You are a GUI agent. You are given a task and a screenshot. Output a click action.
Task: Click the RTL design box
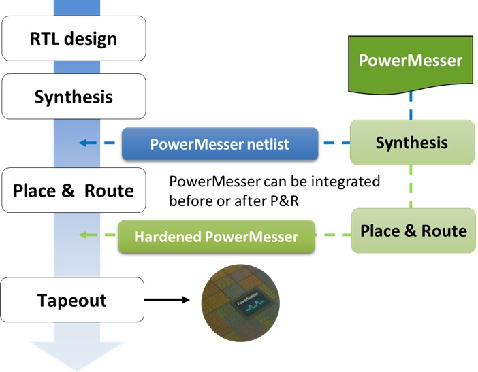click(74, 39)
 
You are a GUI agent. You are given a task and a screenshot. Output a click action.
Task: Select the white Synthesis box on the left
click(74, 97)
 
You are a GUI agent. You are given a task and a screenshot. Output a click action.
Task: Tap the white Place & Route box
click(74, 190)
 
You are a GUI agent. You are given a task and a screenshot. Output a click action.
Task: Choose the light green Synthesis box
click(411, 142)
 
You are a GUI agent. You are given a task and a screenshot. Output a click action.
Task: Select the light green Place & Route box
click(413, 230)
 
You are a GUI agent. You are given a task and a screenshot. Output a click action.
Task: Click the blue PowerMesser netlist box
click(220, 143)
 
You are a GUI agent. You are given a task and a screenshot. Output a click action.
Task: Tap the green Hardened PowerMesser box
click(216, 237)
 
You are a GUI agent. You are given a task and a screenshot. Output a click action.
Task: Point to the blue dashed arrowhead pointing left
click(83, 143)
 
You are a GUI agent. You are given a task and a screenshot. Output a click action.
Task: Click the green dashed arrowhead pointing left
click(83, 236)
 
